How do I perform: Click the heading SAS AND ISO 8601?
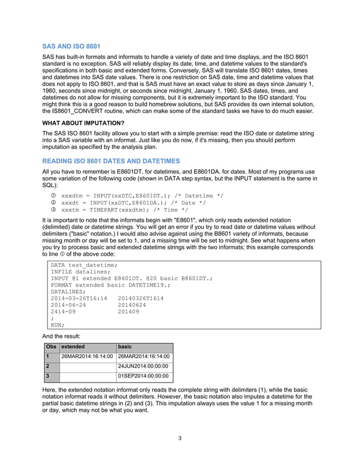(x=72, y=45)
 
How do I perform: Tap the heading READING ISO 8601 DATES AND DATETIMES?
(x=111, y=161)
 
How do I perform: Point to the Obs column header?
(x=51, y=346)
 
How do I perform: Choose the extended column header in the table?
(x=73, y=346)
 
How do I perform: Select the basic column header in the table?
(x=125, y=346)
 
